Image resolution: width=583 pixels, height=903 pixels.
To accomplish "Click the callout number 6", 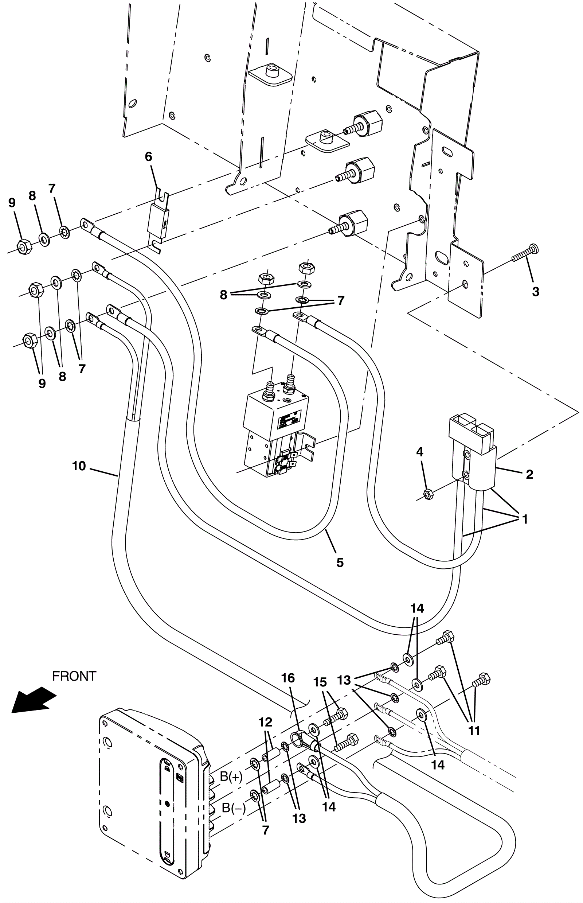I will pyautogui.click(x=148, y=156).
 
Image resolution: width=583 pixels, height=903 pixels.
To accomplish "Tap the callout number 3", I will pyautogui.click(x=535, y=292).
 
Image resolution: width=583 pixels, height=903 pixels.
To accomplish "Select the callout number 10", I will pyautogui.click(x=79, y=466).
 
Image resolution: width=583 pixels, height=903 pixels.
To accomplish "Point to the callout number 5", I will pyautogui.click(x=340, y=563).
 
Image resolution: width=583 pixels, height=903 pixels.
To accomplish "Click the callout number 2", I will pyautogui.click(x=529, y=474).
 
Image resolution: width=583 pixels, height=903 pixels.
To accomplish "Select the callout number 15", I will pyautogui.click(x=320, y=682).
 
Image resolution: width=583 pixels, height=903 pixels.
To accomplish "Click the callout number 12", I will pyautogui.click(x=265, y=721).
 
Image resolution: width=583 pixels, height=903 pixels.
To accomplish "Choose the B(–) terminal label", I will pyautogui.click(x=234, y=808).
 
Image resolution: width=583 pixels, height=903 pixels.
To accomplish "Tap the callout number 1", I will pyautogui.click(x=525, y=519).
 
